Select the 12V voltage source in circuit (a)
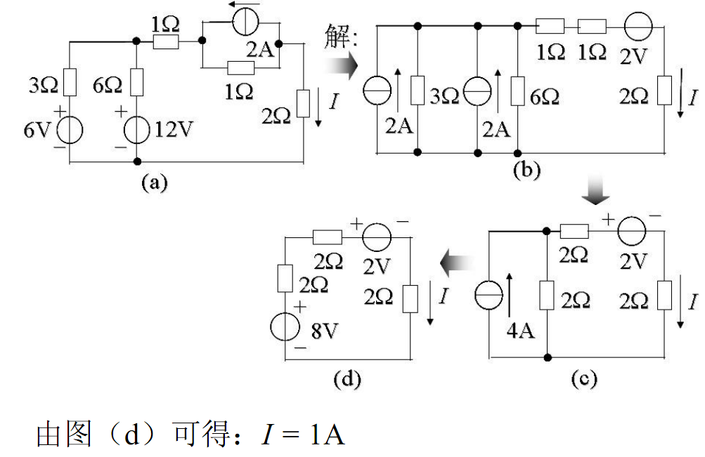pos(136,131)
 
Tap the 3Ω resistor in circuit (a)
pos(70,82)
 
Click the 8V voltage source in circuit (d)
pos(285,327)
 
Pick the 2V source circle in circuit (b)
pos(638,27)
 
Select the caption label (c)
pos(583,380)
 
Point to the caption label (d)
pos(347,380)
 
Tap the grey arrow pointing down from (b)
pos(598,192)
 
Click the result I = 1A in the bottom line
pos(303,435)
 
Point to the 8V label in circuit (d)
pos(323,331)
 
